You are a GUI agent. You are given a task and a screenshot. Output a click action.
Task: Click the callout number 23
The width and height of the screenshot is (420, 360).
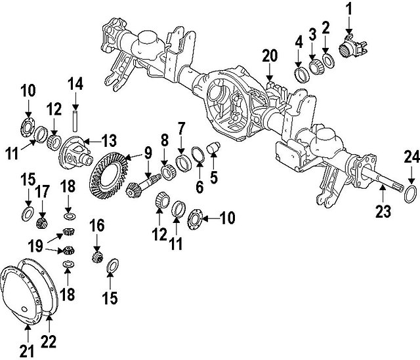click(383, 210)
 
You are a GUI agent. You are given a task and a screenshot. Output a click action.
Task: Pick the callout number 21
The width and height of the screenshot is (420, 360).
click(26, 351)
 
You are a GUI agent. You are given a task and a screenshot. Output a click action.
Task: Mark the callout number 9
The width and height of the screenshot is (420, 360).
click(148, 152)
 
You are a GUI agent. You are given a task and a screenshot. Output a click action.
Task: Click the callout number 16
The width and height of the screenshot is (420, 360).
click(97, 225)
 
